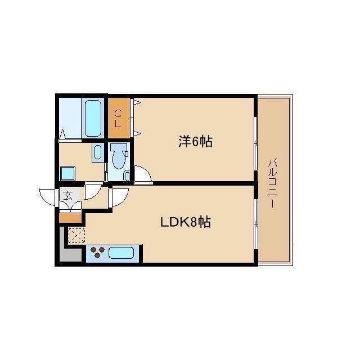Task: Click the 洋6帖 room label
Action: pos(195,142)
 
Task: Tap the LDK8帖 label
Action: pos(186,222)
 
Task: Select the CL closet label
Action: pos(118,118)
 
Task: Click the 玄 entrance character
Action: pos(67,196)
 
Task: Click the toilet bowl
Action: pos(118,157)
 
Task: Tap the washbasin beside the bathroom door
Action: pos(97,152)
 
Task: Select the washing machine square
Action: pos(68,173)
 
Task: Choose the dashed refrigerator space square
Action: pos(76,236)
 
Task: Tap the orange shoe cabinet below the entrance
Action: pos(70,217)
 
